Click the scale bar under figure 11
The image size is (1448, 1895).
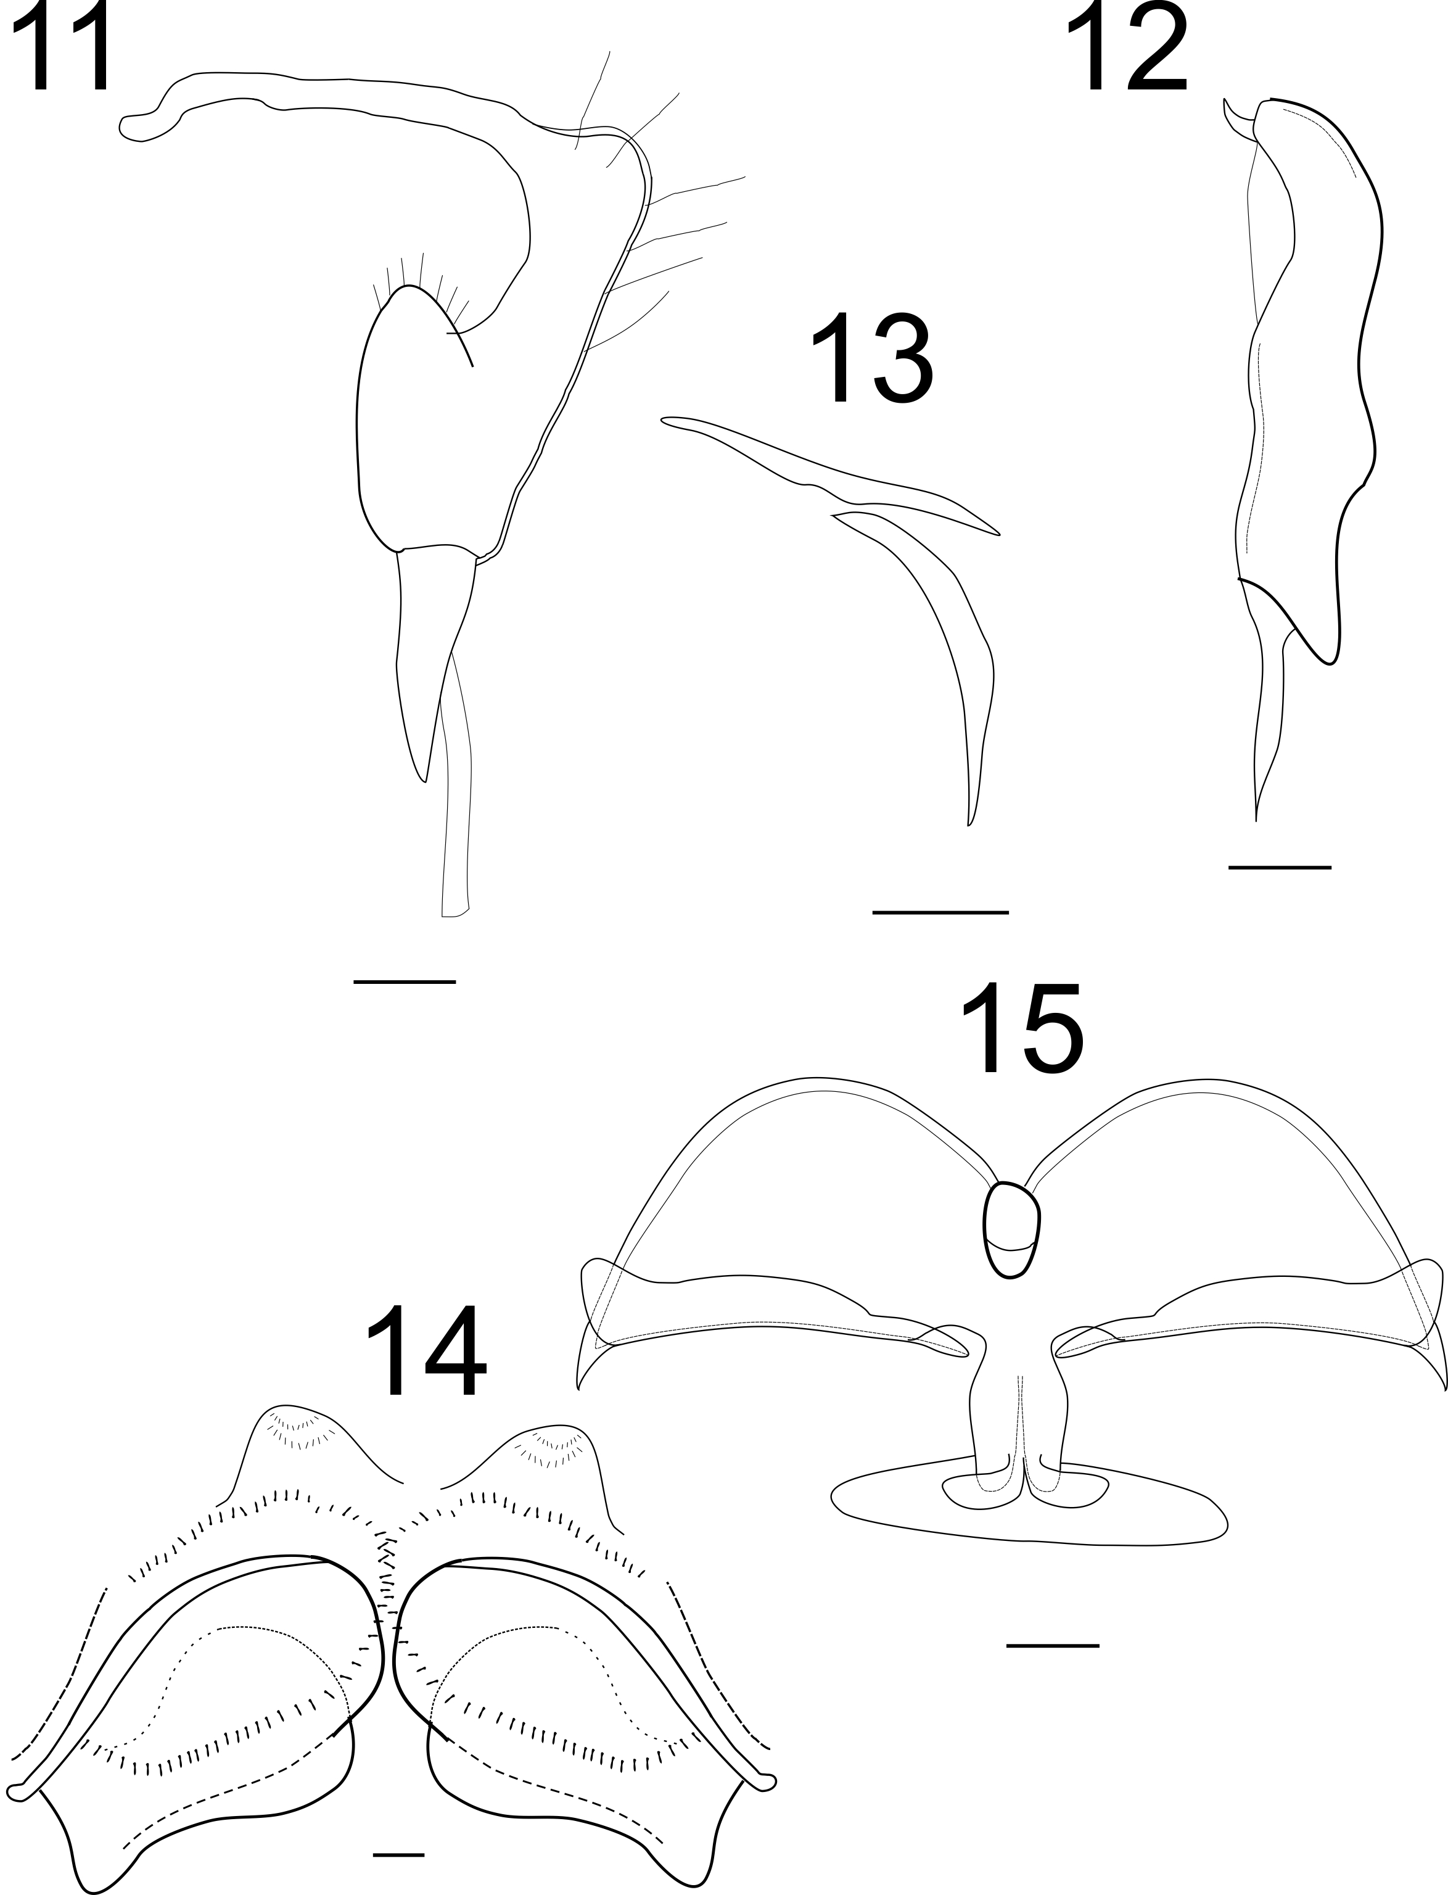click(x=404, y=981)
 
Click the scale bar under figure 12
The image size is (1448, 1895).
click(x=1280, y=867)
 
